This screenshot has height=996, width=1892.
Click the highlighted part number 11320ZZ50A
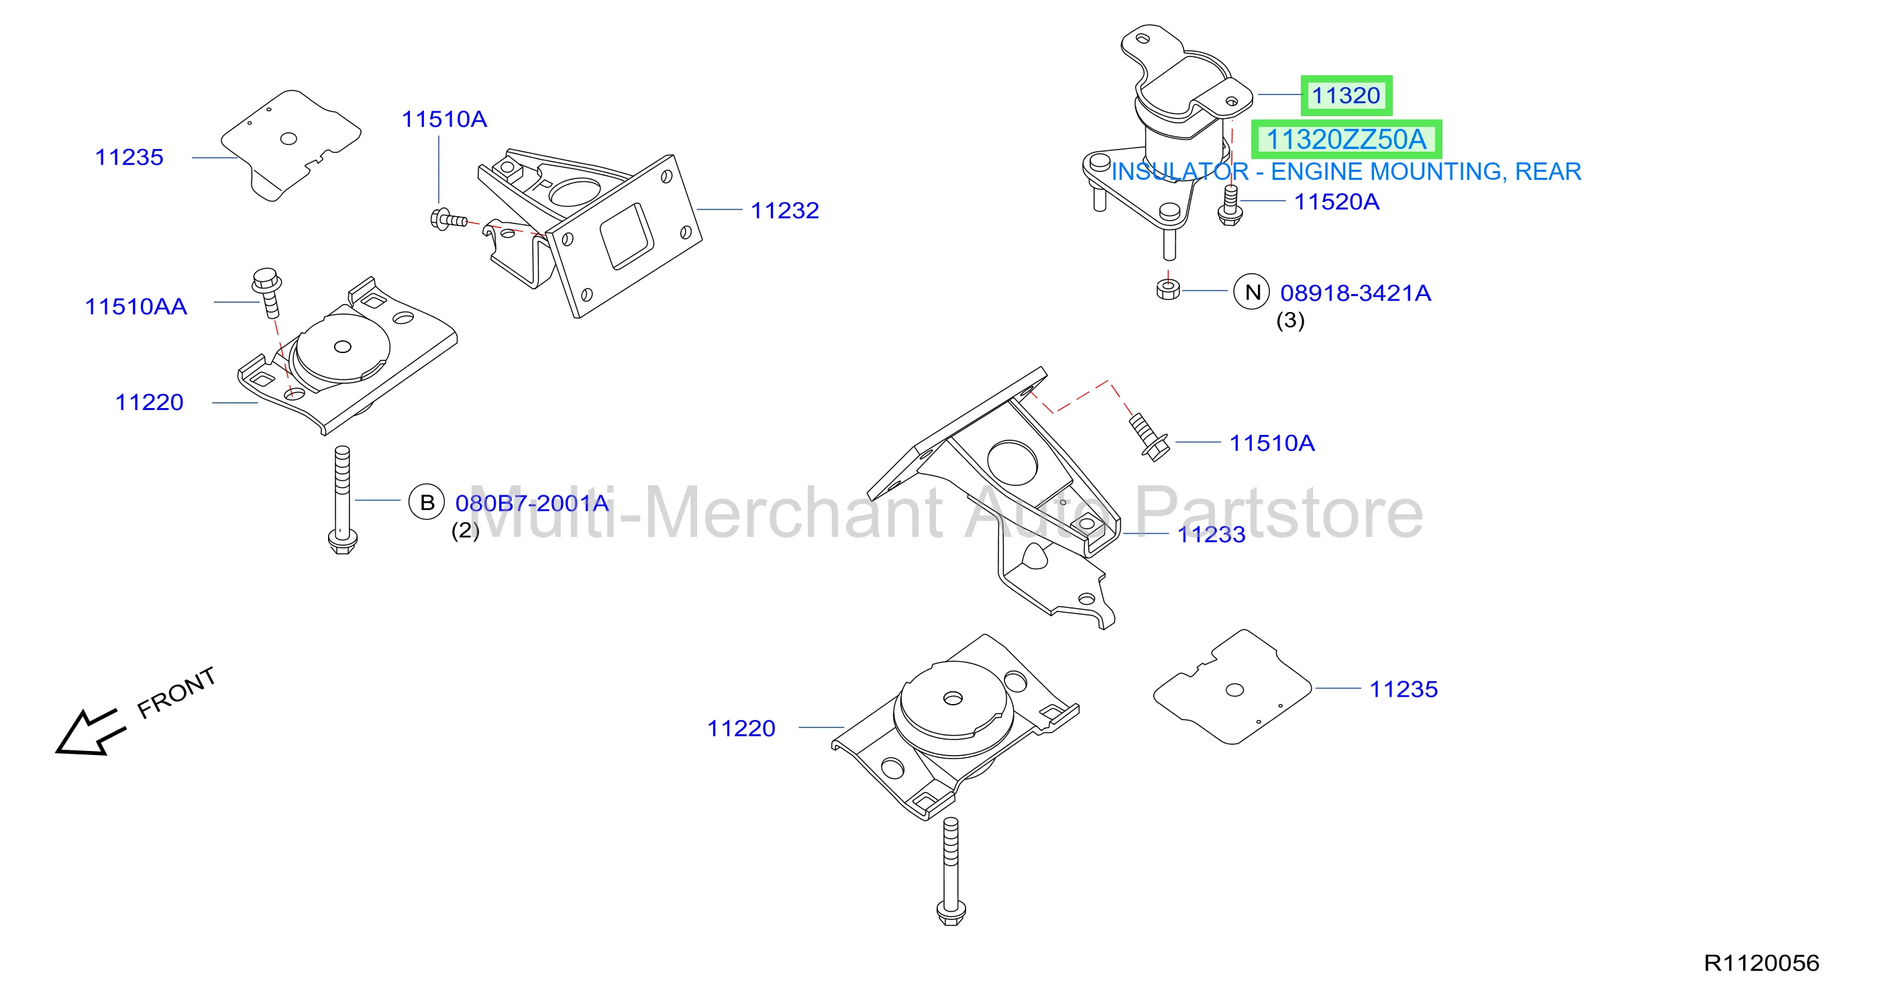[1346, 140]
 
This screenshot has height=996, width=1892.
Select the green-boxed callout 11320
[1346, 95]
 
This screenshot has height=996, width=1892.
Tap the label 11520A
[1336, 201]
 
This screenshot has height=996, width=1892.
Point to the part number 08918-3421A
[1355, 293]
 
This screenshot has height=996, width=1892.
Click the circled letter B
[427, 503]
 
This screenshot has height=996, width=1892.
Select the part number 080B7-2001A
[532, 503]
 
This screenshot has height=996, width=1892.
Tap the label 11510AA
[136, 306]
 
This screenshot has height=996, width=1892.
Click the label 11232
[784, 211]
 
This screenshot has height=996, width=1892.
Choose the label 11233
[1211, 535]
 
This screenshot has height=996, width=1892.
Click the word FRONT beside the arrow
[176, 693]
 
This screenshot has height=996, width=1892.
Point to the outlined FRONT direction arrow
[90, 732]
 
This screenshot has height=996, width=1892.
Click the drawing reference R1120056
[1761, 963]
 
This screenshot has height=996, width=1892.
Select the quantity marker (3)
[1290, 320]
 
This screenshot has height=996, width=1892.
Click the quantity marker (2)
[465, 530]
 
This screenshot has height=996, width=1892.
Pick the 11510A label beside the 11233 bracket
[1272, 443]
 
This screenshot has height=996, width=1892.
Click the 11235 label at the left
[129, 157]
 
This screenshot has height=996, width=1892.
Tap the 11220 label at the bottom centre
[741, 728]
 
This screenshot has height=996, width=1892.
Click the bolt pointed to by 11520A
[1230, 205]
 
